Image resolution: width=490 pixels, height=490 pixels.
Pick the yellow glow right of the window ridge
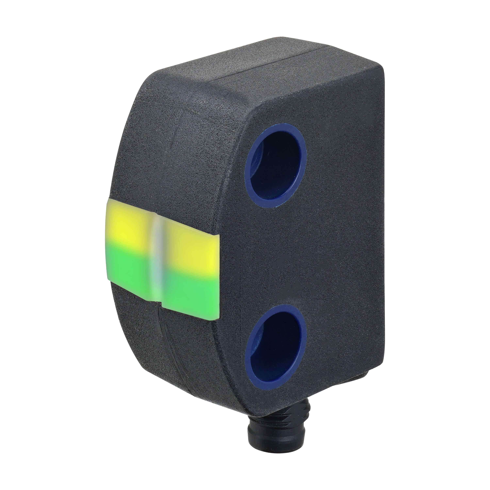[191, 244]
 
